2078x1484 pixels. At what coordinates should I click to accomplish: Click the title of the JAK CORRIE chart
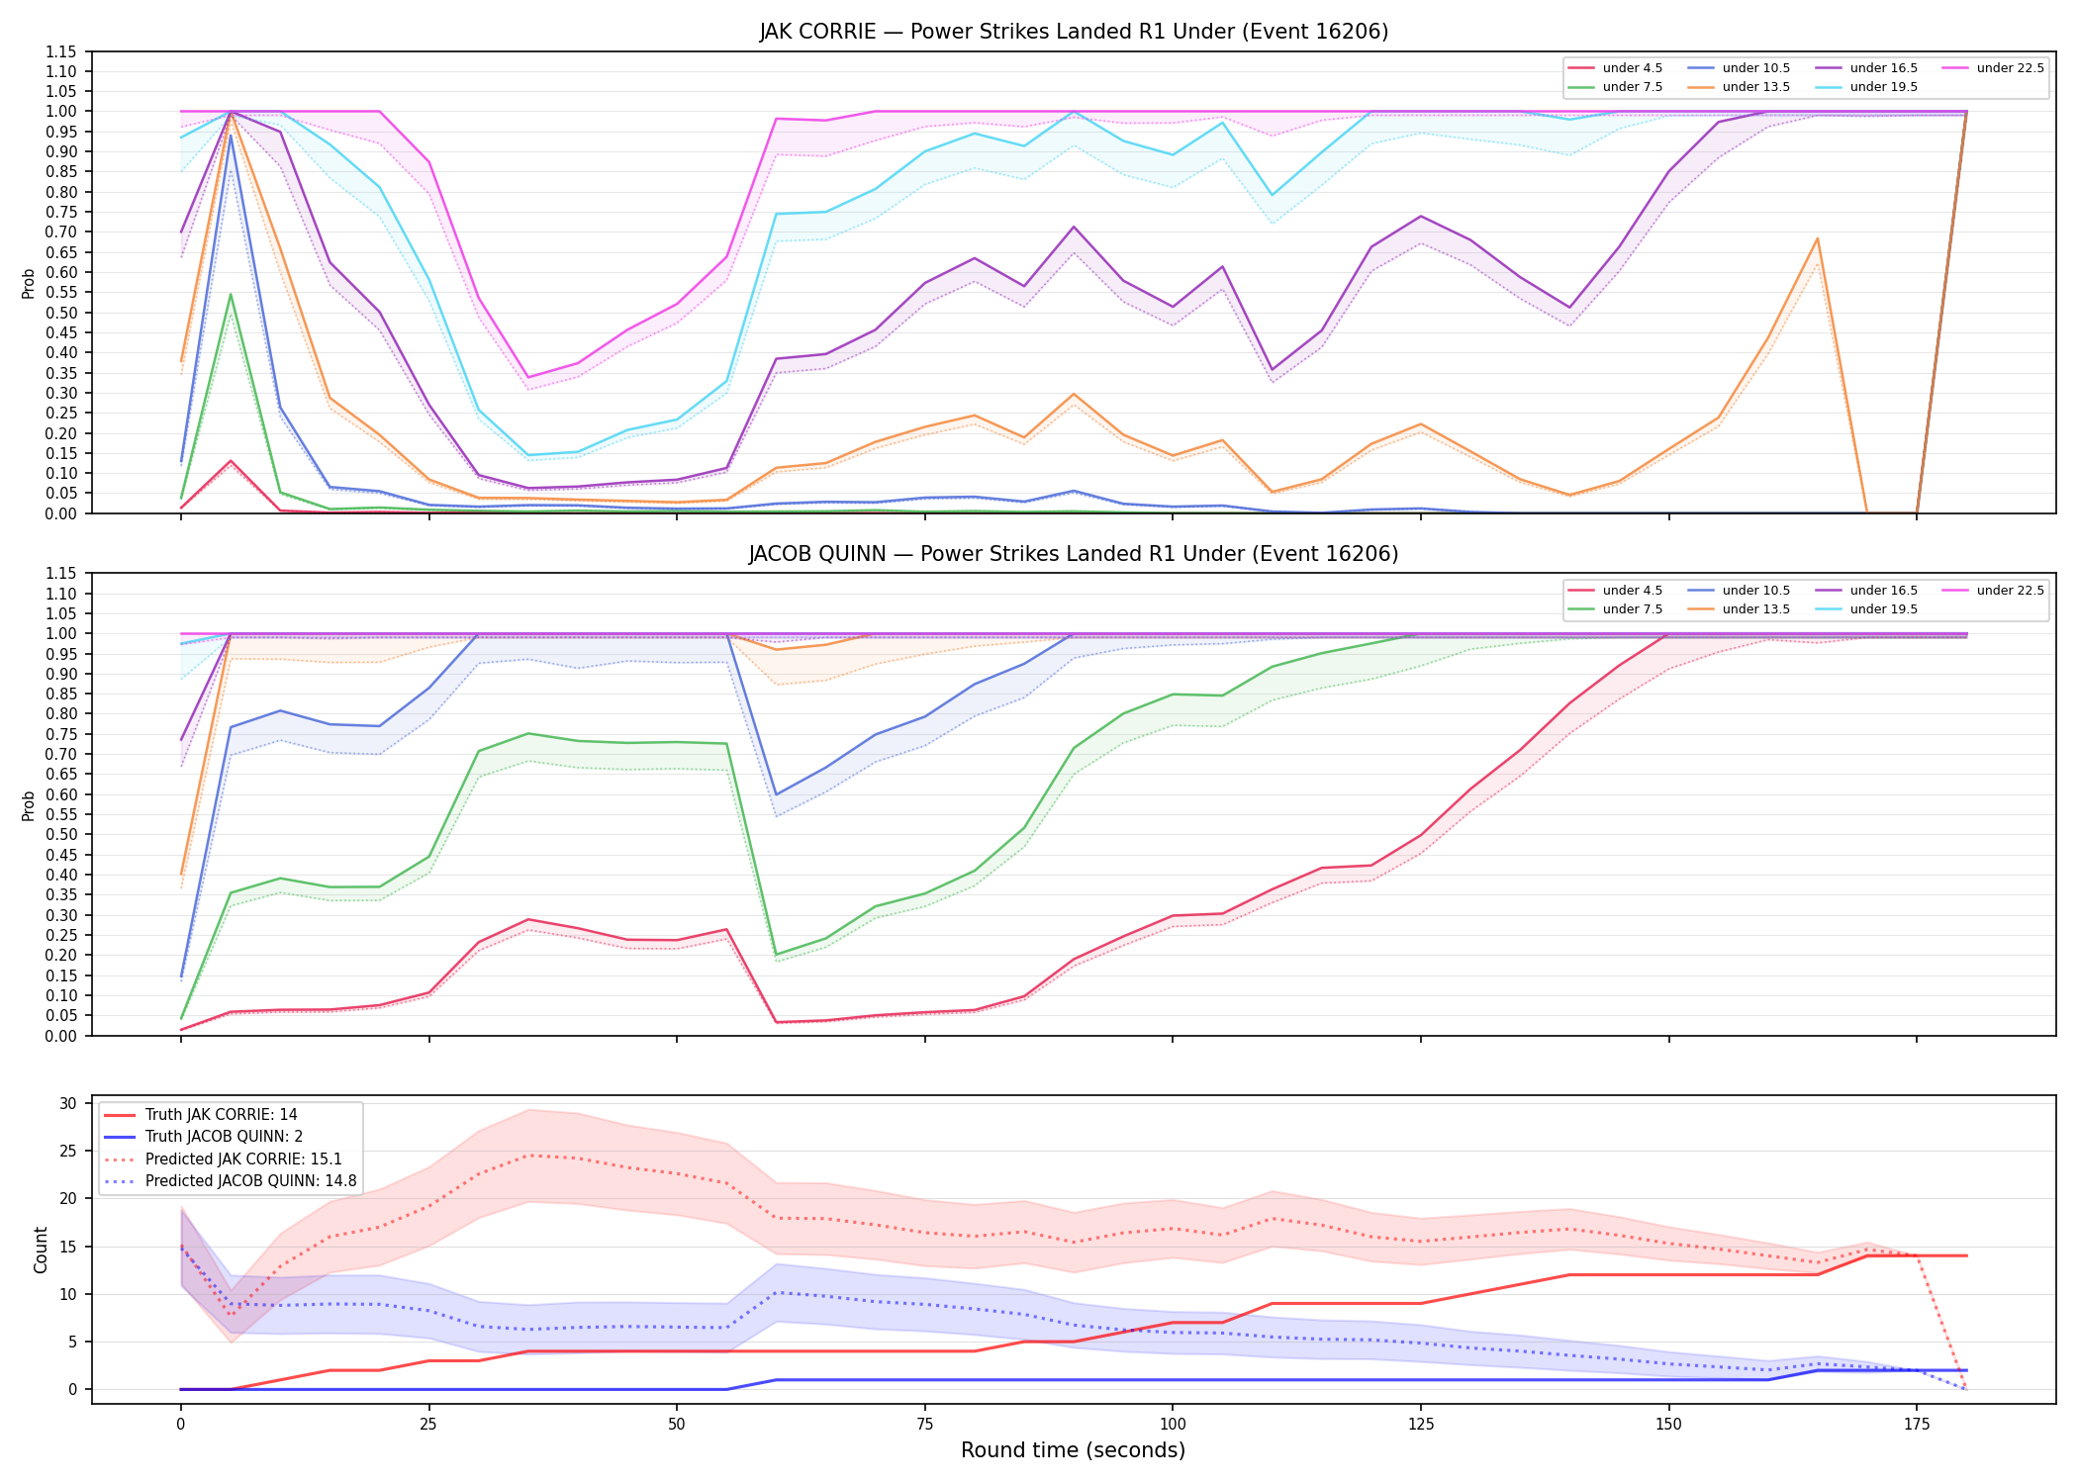(x=1074, y=32)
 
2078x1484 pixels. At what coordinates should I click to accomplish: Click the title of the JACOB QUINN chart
(x=1074, y=554)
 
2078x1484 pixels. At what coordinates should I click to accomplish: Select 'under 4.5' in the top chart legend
(x=1633, y=68)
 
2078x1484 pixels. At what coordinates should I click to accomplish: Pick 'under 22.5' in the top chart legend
(x=2011, y=68)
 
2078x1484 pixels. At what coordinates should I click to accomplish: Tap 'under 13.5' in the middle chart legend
(x=1756, y=609)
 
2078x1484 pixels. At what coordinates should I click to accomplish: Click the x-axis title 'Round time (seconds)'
(x=1074, y=1450)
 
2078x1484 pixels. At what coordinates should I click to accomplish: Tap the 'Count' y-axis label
(x=41, y=1251)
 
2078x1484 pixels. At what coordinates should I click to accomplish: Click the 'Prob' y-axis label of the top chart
(x=29, y=284)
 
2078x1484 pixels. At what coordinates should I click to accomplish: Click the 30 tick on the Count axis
(x=69, y=1103)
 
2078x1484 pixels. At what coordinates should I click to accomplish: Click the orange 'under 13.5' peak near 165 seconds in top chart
(x=1818, y=238)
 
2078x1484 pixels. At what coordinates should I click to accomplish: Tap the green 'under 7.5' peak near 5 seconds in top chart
(x=231, y=294)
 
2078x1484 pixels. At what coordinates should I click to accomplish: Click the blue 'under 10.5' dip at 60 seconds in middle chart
(x=777, y=794)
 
